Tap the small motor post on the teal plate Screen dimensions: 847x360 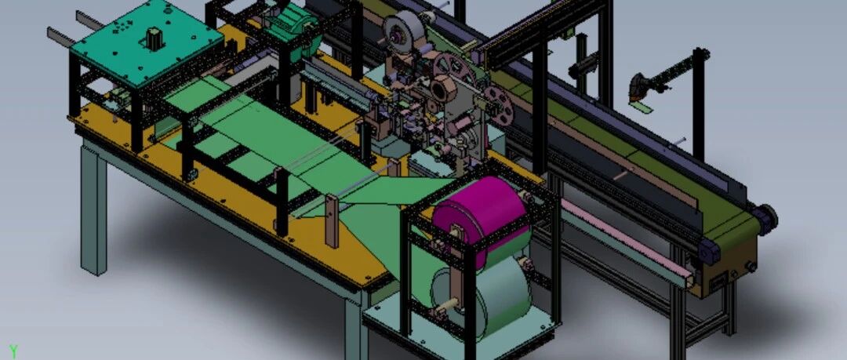pos(154,39)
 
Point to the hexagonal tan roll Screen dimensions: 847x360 pos(444,89)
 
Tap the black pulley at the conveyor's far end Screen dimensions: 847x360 pos(767,219)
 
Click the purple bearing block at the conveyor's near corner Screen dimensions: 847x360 pos(709,251)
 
